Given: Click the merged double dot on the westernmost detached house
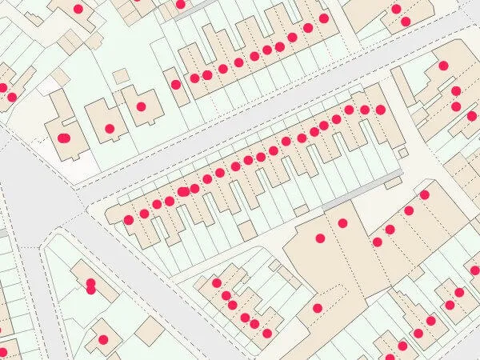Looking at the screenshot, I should tap(65, 138).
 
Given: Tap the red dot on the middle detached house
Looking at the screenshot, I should tap(110, 127).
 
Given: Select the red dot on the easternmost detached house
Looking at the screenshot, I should tap(141, 106).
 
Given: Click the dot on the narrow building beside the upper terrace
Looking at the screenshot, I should tap(175, 84).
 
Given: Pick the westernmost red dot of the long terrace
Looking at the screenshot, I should tap(128, 220).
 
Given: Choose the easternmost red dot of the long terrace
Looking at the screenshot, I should tap(381, 110).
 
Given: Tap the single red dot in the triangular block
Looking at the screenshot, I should tap(102, 340).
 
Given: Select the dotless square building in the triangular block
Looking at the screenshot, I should tap(150, 330).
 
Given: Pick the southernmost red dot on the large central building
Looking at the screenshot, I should tap(318, 308).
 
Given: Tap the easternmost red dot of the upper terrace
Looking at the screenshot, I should tap(324, 18).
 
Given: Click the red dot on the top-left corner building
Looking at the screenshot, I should tap(78, 9).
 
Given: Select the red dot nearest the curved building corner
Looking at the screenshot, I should tap(443, 66).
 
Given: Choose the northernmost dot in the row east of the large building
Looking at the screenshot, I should tap(424, 194).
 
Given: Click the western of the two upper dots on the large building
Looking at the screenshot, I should tap(320, 238).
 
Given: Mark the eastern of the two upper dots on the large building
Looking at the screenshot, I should tap(342, 222).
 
